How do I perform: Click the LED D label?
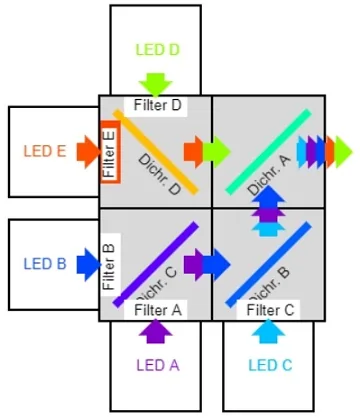158,49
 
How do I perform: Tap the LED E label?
45,152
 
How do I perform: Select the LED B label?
45,265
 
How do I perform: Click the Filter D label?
158,105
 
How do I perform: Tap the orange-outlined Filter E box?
110,151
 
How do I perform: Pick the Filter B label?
110,263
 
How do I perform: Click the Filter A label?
158,310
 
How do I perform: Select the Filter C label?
270,310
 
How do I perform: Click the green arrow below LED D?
158,84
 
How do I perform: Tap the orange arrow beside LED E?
88,152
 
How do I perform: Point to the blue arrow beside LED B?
88,265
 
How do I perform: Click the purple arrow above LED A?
157,328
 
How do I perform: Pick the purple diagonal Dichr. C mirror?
155,263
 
